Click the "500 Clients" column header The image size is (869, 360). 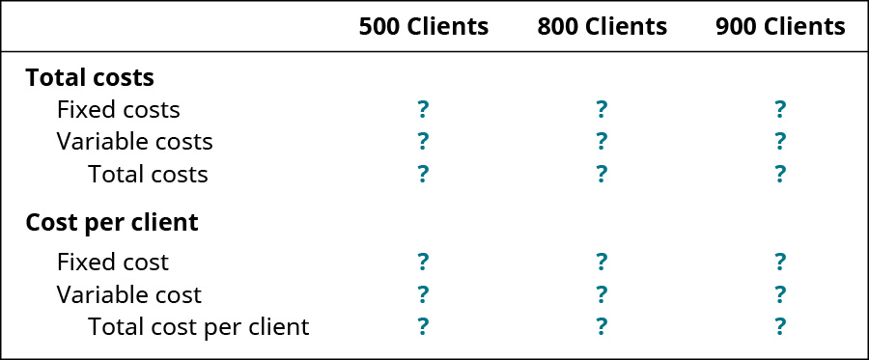coord(423,27)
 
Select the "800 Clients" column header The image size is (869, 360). coord(602,27)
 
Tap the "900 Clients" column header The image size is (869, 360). coord(780,27)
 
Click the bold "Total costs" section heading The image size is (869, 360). coord(90,77)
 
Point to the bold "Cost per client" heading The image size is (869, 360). coord(112,222)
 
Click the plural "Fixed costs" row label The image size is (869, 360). coord(118,109)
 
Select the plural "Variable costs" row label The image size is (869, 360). coord(134,141)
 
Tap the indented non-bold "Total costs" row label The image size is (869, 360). coord(148,174)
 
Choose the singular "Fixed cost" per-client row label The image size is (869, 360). coord(112,262)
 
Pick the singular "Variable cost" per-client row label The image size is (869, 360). coord(129,293)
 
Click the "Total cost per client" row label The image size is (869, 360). coord(198,326)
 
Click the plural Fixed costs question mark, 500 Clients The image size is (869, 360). coord(423,109)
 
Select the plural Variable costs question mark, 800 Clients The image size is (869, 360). coord(602,141)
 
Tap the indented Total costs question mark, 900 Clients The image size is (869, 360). coord(780,174)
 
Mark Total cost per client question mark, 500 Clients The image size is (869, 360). coord(423,326)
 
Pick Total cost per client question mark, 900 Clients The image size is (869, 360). coord(780,326)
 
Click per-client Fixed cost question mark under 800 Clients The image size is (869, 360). coord(602,262)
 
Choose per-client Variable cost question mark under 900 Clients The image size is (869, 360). coord(780,293)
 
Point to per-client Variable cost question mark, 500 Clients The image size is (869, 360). coord(423,293)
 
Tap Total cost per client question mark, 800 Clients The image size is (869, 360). coord(602,326)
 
